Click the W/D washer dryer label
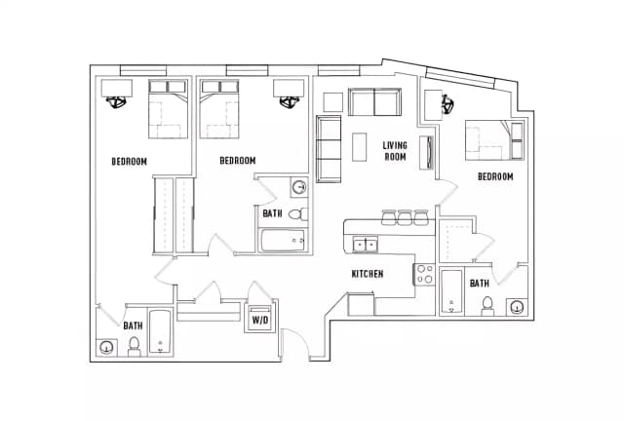(x=260, y=320)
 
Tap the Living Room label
(x=395, y=151)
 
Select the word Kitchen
(x=368, y=274)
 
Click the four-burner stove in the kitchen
(x=425, y=274)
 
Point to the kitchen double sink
(x=365, y=244)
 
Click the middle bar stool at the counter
(x=406, y=217)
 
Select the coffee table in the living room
(x=360, y=147)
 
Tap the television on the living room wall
(x=427, y=153)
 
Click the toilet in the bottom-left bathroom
(x=135, y=346)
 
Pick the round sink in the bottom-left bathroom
(x=106, y=348)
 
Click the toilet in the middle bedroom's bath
(x=298, y=214)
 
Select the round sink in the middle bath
(x=299, y=187)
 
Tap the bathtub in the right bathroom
(x=451, y=292)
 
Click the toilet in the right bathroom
(x=487, y=306)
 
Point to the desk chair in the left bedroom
(x=117, y=102)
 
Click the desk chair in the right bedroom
(x=448, y=104)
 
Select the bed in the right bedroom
(x=494, y=140)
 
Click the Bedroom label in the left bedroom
(x=129, y=162)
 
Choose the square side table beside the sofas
(x=333, y=102)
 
